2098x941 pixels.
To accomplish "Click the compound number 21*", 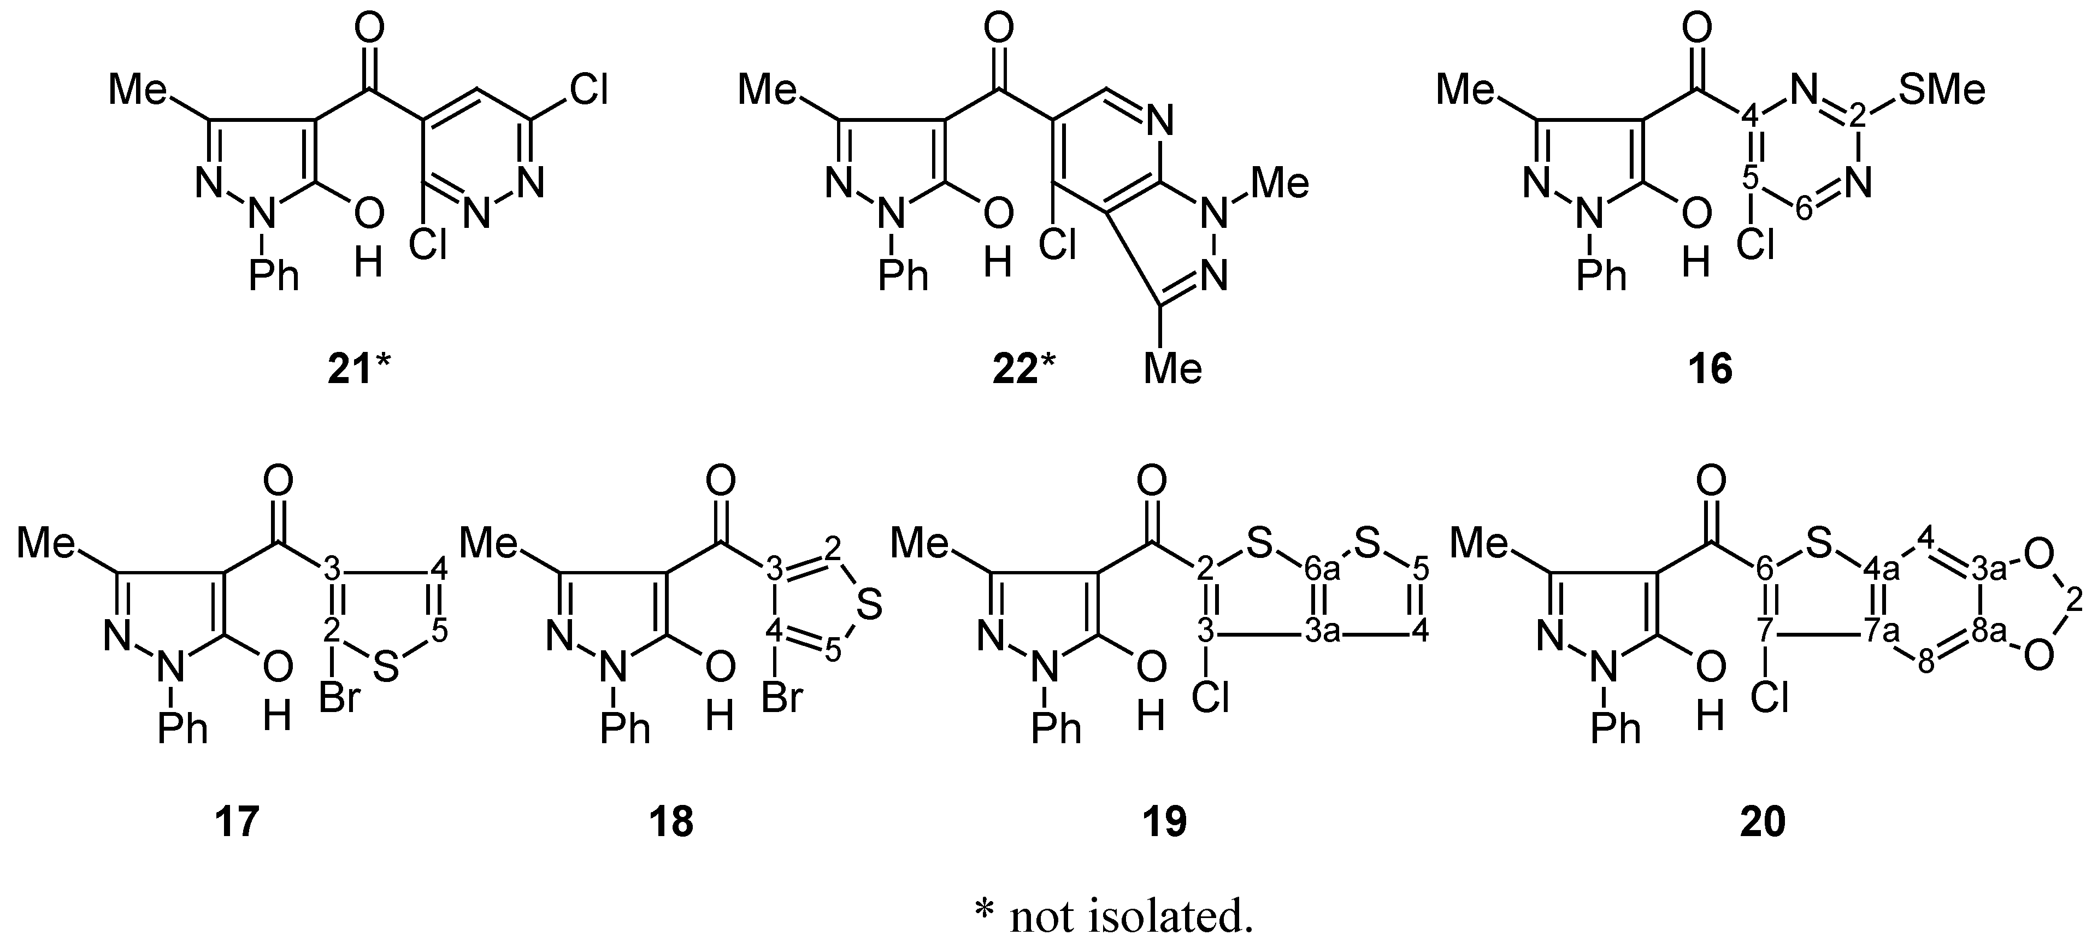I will click(359, 370).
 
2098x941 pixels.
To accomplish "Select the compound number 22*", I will click(1023, 370).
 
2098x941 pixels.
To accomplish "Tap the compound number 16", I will click(1710, 370).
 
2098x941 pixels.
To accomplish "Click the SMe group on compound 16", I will click(1942, 90).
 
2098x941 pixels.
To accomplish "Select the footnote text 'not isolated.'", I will click(1131, 916).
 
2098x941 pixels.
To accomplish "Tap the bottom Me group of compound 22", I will click(1173, 368).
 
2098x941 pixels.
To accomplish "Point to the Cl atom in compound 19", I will click(1210, 697).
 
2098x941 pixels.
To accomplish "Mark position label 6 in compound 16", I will click(1805, 210).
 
